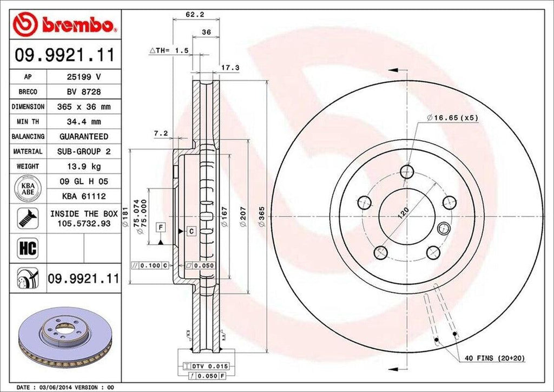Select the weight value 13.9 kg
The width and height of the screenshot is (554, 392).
[x=84, y=166]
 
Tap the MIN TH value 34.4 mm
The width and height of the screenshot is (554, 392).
[x=84, y=122]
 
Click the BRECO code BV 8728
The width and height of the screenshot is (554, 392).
[x=84, y=92]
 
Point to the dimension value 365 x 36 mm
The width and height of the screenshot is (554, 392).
[x=84, y=107]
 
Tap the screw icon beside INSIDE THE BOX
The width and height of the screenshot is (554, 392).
[x=27, y=218]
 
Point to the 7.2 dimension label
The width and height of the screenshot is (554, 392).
[x=161, y=133]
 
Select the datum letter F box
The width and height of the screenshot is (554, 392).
[x=161, y=227]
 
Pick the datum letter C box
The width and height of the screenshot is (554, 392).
[x=191, y=231]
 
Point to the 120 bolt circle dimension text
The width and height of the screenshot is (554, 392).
[x=403, y=211]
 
